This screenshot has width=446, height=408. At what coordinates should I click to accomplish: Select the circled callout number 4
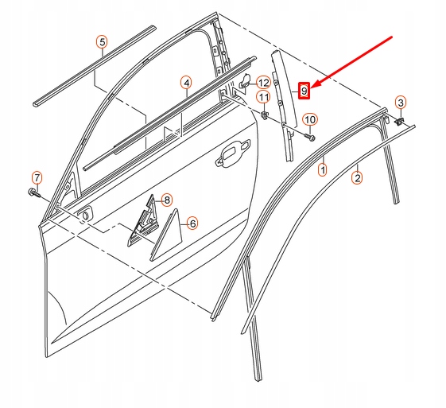[x=185, y=83]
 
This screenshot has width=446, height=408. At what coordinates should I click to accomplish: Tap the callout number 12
[x=262, y=81]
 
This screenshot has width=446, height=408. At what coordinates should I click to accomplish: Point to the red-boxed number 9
[x=304, y=91]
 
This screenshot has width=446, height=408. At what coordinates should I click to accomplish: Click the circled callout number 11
[x=263, y=97]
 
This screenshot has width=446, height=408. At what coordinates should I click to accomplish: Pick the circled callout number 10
[x=310, y=120]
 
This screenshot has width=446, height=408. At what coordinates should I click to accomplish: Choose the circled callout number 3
[x=401, y=103]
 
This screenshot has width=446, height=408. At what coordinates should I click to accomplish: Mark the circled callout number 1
[x=323, y=169]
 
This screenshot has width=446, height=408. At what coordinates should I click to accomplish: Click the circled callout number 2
[x=357, y=178]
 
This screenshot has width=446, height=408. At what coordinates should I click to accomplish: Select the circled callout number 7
[x=36, y=177]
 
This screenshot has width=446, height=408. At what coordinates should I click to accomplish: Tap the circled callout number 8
[x=166, y=200]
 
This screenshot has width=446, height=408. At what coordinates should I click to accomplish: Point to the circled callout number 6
[x=192, y=224]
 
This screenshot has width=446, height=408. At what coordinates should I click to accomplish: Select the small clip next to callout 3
[x=401, y=120]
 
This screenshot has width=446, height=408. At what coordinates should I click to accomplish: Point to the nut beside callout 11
[x=262, y=116]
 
